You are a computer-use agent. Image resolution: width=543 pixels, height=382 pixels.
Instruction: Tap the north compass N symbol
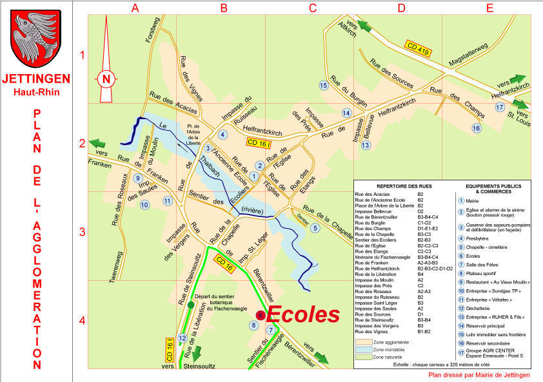click(108, 79)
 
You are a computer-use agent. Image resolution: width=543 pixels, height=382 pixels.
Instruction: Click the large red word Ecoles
click(302, 314)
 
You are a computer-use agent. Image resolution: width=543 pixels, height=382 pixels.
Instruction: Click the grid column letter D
click(401, 8)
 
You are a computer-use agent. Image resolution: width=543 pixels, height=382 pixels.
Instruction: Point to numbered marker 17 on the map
click(499, 107)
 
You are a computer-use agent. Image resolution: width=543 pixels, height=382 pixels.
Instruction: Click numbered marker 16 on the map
click(476, 128)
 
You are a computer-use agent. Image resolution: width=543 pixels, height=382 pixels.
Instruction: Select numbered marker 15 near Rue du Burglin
click(323, 85)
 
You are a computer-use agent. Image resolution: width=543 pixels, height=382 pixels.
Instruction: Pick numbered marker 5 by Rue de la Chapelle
click(315, 227)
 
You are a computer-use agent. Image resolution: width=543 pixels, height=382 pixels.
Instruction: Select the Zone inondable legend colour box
click(364, 349)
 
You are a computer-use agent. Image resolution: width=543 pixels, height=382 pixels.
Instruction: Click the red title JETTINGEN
click(35, 79)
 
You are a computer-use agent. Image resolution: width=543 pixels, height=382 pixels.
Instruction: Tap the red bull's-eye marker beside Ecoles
click(259, 314)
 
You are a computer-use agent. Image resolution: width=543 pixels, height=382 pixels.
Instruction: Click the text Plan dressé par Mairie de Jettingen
click(479, 374)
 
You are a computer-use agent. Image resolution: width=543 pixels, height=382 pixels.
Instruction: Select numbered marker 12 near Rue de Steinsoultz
click(183, 338)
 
